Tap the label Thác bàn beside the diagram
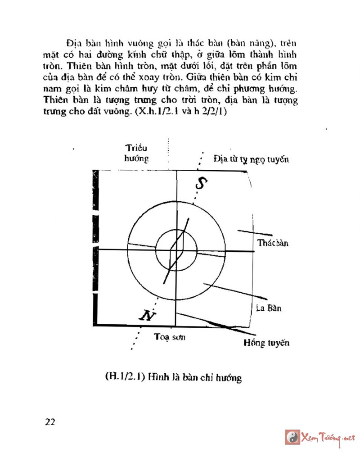pyautogui.click(x=273, y=244)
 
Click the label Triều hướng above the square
pyautogui.click(x=137, y=154)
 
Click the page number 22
pyautogui.click(x=50, y=422)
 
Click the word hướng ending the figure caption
pyautogui.click(x=229, y=377)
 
